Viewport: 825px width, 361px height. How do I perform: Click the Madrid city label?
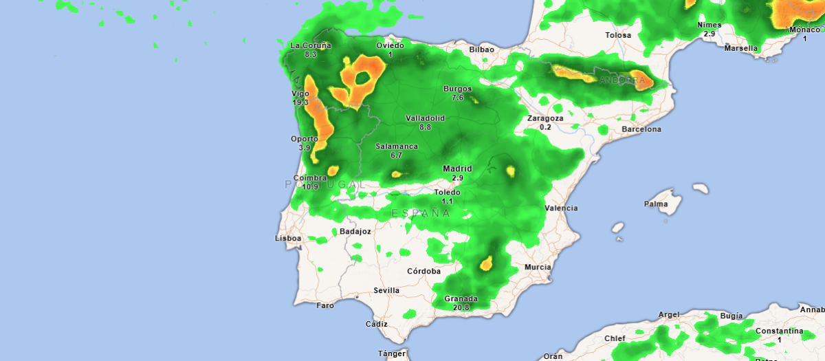pos(457,168)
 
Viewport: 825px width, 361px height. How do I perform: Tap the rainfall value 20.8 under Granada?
pos(461,307)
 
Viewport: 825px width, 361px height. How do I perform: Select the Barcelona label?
pos(641,129)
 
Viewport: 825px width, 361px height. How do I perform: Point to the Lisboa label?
pos(288,238)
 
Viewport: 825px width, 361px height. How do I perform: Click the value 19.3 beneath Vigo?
pos(300,102)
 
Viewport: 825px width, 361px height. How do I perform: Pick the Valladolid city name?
pos(425,118)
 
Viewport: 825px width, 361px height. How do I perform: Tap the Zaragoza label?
pos(545,118)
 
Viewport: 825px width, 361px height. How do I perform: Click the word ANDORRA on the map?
pos(623,80)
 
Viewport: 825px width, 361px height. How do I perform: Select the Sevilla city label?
pos(386,290)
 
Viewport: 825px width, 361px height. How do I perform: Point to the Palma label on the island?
pos(655,204)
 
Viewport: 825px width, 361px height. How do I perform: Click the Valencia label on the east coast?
pos(561,208)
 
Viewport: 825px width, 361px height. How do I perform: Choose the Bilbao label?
pos(481,50)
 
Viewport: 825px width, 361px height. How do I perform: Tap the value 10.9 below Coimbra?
pos(311,187)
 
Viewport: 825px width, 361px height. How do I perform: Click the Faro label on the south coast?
pos(325,305)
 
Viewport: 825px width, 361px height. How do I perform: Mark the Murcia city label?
pos(537,267)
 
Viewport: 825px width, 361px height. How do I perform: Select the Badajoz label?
pos(355,232)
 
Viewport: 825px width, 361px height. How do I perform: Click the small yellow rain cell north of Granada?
pos(487,263)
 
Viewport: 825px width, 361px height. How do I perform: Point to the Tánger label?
pos(391,353)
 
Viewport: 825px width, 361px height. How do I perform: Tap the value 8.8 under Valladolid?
pos(425,127)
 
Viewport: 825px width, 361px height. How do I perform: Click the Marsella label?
pos(741,48)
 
